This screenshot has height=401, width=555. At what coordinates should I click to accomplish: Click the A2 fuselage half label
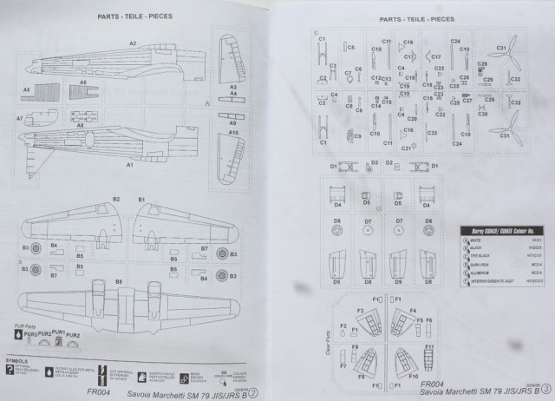point(132,43)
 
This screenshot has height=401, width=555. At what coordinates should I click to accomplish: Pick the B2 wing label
point(114,200)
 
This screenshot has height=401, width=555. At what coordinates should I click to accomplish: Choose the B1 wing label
point(140,200)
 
